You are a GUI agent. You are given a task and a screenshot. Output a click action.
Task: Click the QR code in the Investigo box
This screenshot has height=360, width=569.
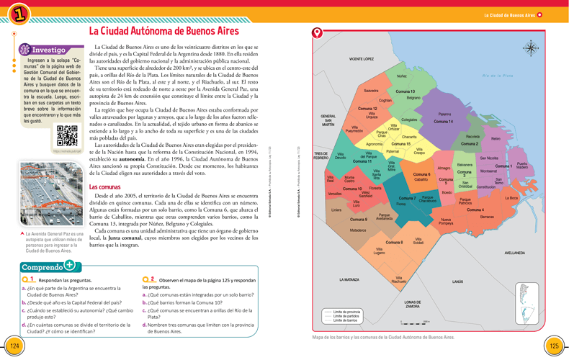click(x=66, y=135)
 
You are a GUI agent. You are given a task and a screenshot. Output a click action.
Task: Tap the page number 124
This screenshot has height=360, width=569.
click(x=13, y=346)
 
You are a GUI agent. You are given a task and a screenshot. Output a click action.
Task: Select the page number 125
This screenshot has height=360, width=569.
click(x=554, y=346)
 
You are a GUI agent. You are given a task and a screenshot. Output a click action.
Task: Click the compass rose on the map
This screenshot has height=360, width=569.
click(x=532, y=50)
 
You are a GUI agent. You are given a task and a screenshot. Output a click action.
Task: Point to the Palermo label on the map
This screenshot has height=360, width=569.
click(x=444, y=114)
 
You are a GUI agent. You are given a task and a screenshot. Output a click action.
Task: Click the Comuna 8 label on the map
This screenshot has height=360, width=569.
click(x=394, y=243)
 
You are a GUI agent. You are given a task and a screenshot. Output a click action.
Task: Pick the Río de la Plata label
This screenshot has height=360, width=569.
click(x=498, y=76)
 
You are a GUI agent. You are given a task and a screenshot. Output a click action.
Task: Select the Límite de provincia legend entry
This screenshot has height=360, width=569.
click(x=346, y=312)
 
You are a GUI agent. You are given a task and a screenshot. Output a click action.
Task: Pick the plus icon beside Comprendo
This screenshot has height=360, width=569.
click(x=70, y=264)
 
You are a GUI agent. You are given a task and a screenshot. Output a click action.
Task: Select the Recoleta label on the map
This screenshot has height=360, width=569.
click(x=472, y=136)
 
